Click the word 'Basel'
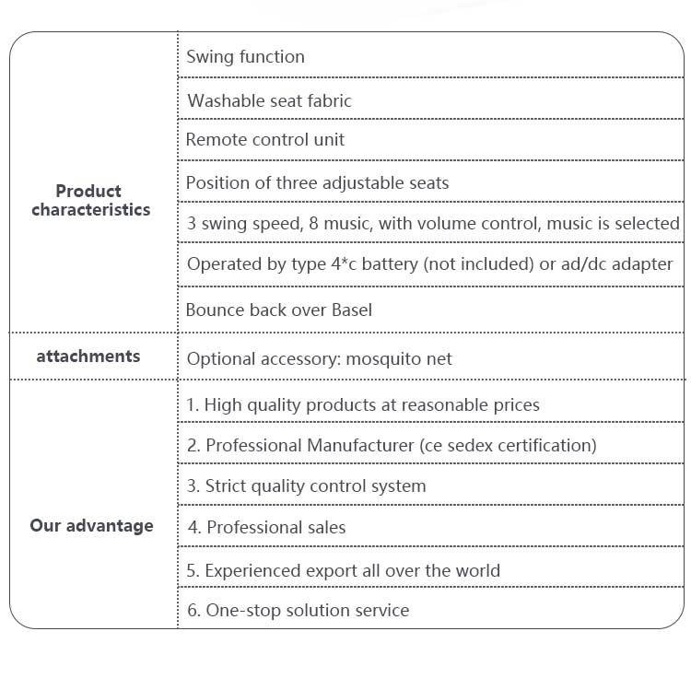352,310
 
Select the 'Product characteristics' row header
91,201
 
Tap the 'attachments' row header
88,356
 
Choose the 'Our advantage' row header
91,526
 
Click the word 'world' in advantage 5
478,570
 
